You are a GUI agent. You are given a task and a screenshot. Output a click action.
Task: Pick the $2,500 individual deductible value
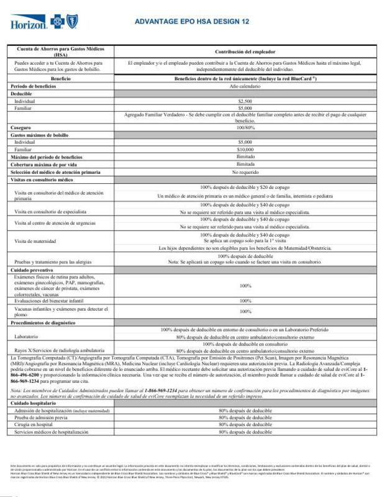coord(244,100)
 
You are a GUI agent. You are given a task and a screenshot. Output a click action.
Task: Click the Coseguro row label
coord(22,127)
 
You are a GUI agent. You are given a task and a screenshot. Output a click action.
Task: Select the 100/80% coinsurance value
coord(244,127)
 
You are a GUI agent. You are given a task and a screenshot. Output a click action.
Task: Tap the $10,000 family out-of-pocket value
coord(244,148)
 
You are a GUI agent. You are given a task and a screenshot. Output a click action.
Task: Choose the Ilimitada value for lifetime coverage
coord(244,164)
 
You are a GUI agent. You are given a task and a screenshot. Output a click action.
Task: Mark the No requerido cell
coord(244,171)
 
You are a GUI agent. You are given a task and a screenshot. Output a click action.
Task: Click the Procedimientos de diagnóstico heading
coord(43,323)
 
